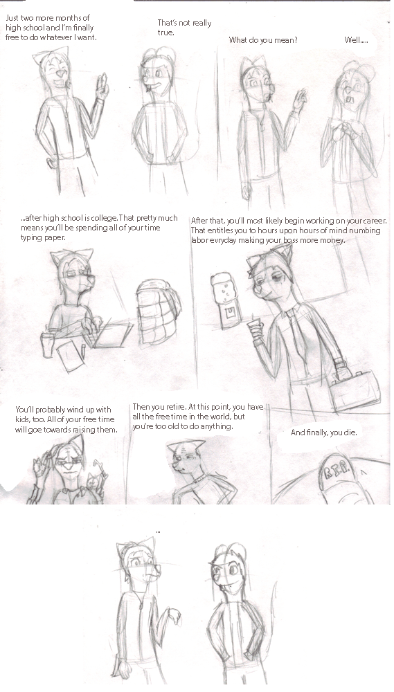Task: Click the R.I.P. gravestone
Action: tap(341, 479)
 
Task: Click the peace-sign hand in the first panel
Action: tap(102, 87)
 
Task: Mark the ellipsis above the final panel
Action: tap(158, 533)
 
